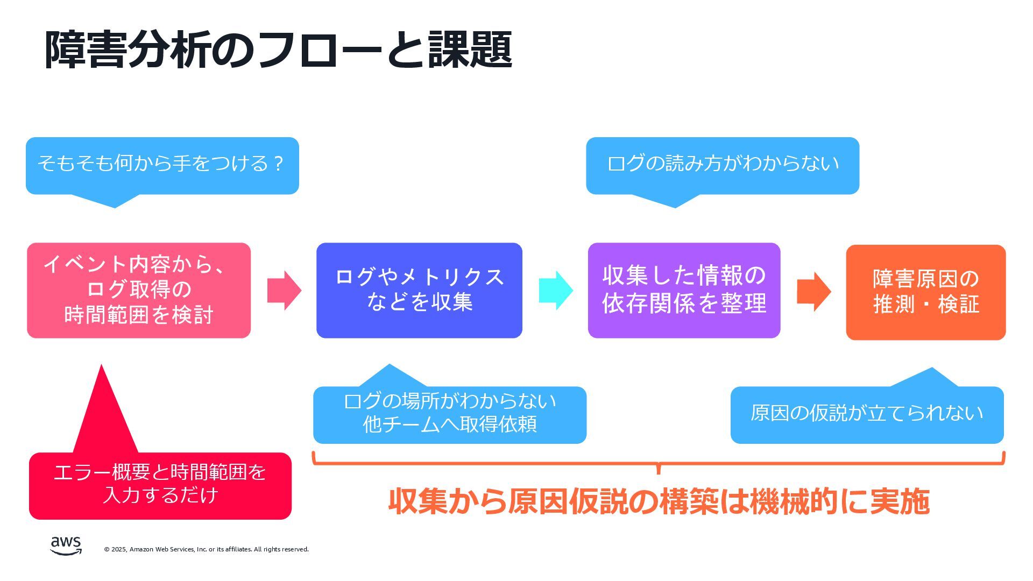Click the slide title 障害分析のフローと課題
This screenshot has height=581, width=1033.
278,49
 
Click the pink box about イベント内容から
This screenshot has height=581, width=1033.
139,290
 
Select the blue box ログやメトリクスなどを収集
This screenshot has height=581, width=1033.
419,290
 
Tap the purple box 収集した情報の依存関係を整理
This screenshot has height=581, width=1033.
684,290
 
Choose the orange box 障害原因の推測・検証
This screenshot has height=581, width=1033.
925,292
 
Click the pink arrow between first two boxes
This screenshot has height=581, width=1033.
284,290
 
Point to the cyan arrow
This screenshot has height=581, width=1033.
556,290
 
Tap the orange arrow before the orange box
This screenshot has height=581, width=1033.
813,292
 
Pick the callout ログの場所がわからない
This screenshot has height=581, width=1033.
449,415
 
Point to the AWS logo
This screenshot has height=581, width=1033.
66,545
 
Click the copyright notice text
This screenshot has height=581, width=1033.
206,549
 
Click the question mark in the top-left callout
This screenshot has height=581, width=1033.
278,163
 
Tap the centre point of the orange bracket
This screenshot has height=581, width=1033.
659,467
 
